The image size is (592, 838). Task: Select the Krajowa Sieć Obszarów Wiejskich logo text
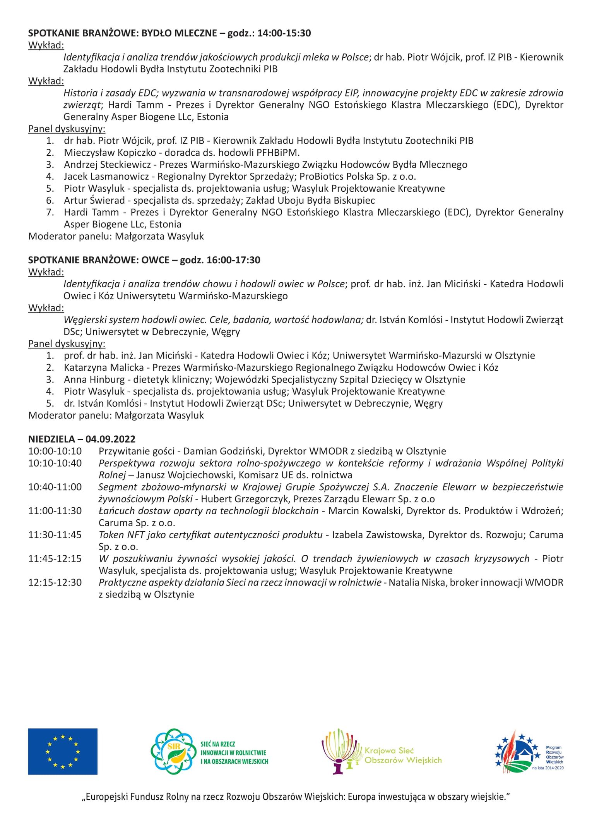point(402,755)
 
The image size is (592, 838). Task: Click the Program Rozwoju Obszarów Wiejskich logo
point(529,752)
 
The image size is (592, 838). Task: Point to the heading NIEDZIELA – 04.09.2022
point(82,439)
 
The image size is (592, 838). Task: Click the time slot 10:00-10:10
point(55,451)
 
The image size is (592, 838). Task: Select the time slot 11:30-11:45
point(55,534)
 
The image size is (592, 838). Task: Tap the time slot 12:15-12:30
point(55,582)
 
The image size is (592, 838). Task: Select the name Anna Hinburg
point(94,379)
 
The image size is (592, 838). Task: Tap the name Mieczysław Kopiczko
point(110,152)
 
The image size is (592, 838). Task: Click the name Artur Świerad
point(94,200)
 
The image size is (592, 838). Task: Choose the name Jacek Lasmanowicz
point(106,176)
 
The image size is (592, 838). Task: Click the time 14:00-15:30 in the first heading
point(284,33)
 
